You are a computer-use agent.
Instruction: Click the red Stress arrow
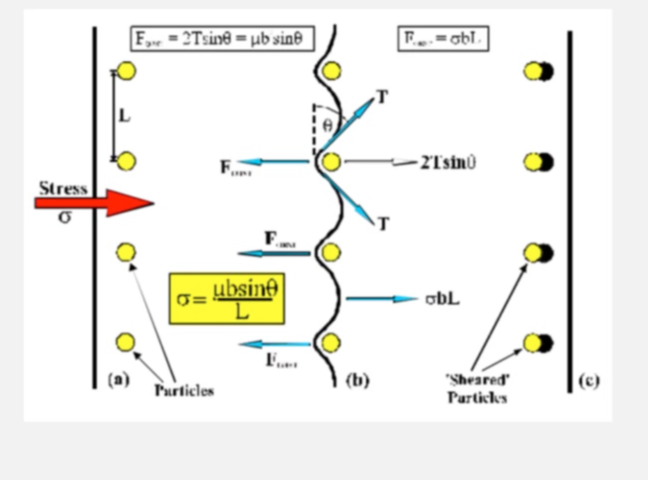coord(95,203)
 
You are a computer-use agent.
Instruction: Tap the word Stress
coord(63,188)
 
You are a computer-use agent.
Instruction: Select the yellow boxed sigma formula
coord(226,299)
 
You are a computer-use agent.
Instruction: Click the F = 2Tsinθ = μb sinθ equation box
coord(222,39)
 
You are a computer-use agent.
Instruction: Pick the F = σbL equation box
coord(443,39)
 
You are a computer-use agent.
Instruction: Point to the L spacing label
coord(124,116)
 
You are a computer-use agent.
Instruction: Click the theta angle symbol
coord(327,125)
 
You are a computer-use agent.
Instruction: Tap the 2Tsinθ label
coord(448,162)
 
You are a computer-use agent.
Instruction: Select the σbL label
coord(442,299)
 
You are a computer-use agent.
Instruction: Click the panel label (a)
coord(118,379)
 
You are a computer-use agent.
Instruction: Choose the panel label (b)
coord(357,380)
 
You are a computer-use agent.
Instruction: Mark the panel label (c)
coord(589,380)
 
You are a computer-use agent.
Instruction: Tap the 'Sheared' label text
coord(477,380)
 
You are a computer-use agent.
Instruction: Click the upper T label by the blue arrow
coord(382,97)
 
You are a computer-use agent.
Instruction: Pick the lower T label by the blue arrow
coord(383,224)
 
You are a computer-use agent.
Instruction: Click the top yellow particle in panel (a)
coord(126,71)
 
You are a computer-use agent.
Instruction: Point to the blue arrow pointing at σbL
coord(381,299)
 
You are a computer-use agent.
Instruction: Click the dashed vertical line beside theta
coord(314,129)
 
